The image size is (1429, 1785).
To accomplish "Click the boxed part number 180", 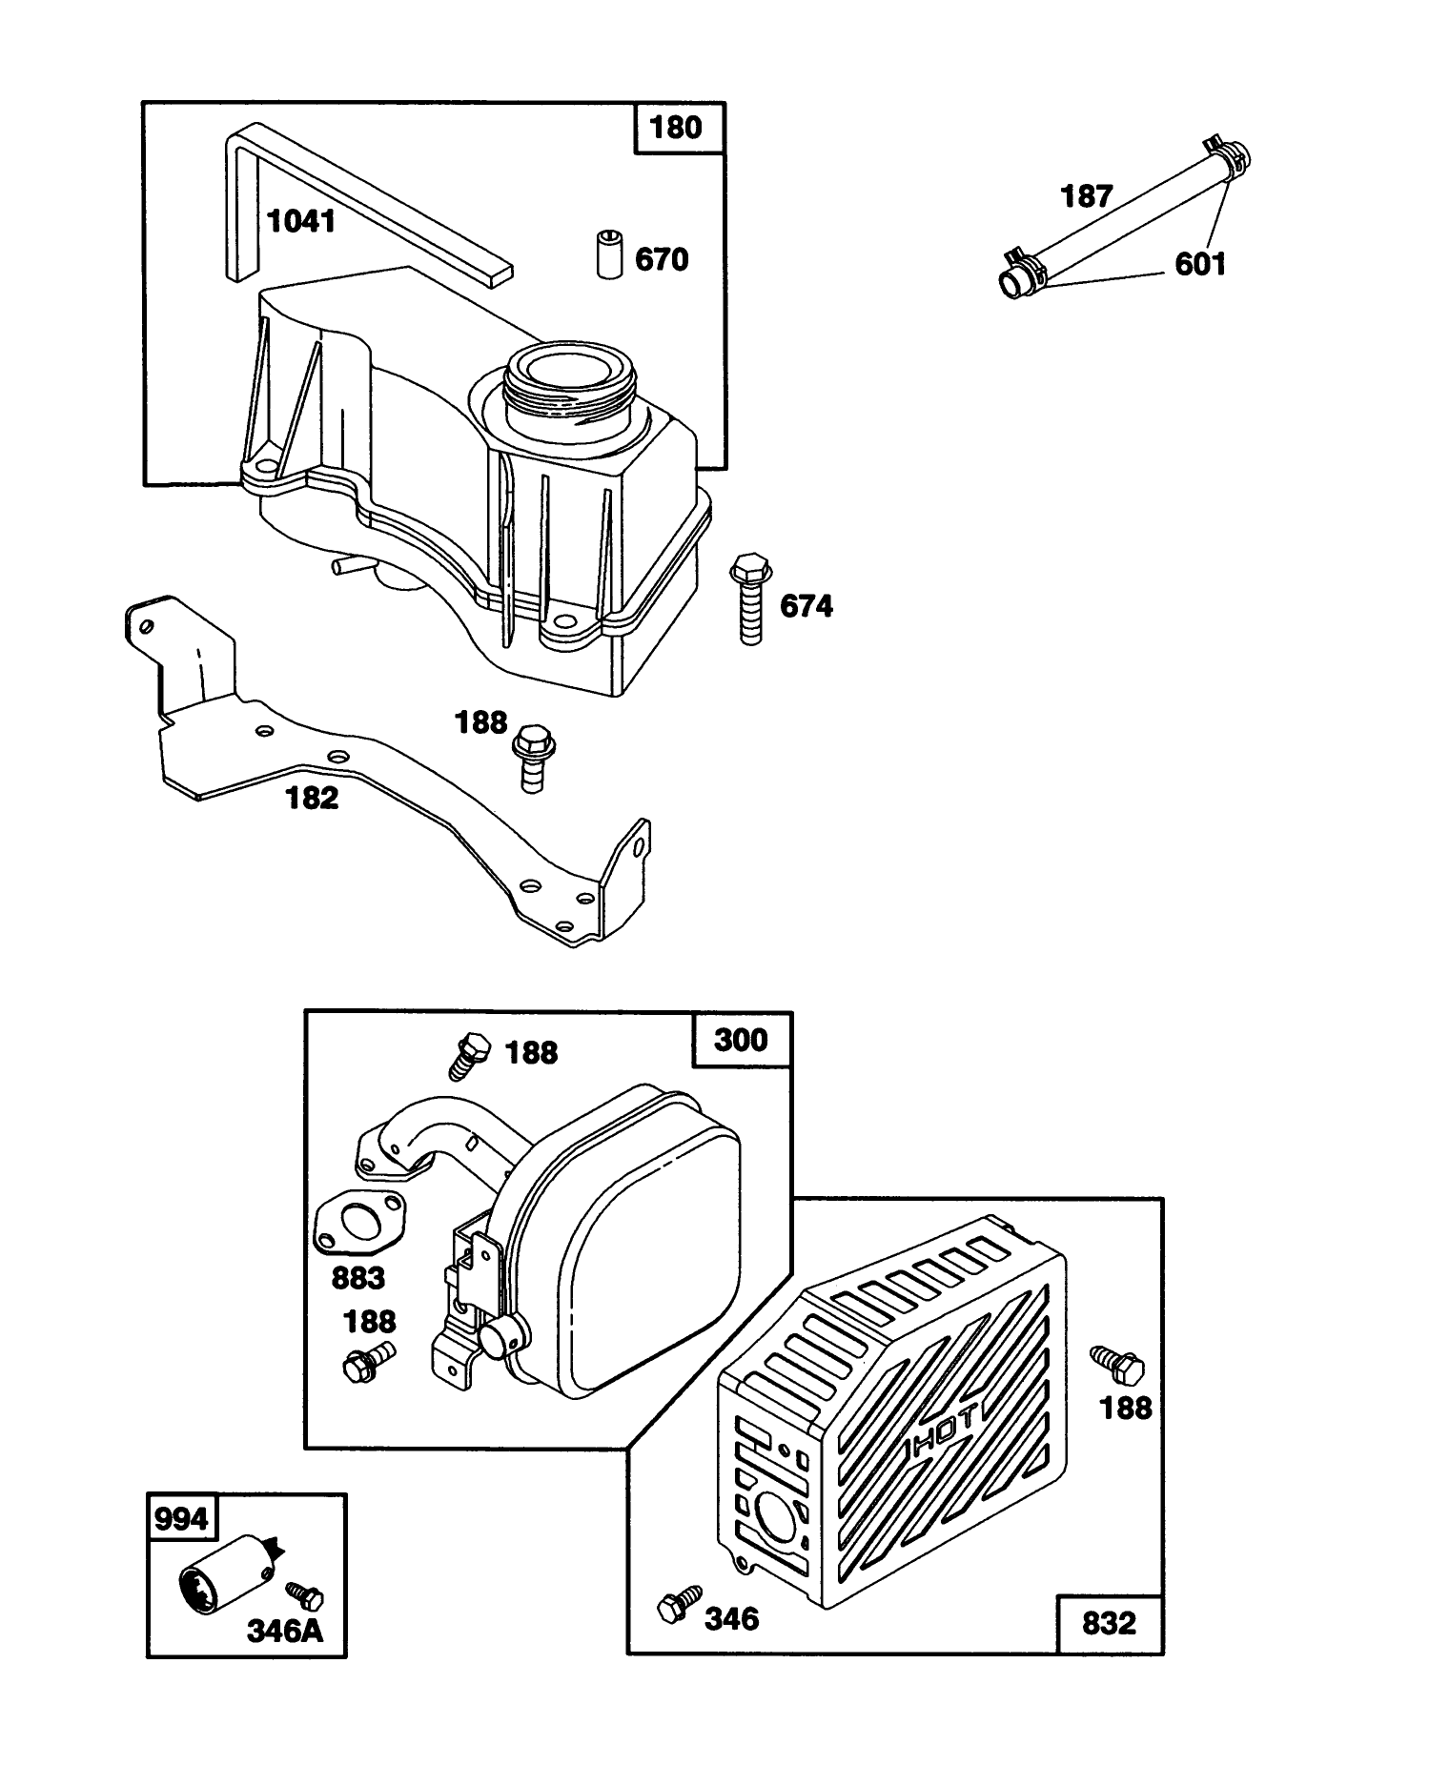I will tap(676, 127).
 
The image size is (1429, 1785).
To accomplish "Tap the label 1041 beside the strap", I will tap(301, 222).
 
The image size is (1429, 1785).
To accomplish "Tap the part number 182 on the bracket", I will tap(313, 798).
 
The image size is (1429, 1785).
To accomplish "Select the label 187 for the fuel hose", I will tap(1087, 196).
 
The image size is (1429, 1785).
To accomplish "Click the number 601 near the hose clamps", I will tap(1200, 264).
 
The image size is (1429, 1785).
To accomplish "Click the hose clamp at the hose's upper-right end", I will tap(1230, 152).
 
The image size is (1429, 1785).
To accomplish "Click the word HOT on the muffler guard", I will tap(944, 1436).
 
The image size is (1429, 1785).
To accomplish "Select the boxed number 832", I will tap(1109, 1623).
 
